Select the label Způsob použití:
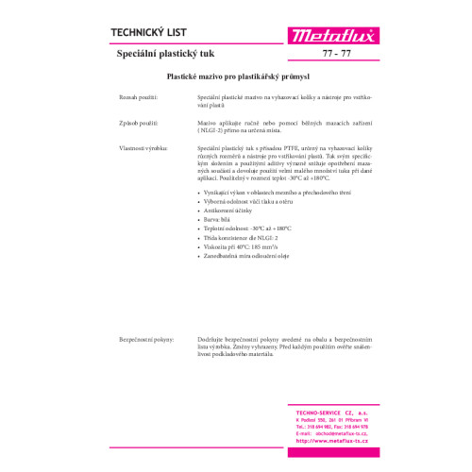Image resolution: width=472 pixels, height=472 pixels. click(x=138, y=123)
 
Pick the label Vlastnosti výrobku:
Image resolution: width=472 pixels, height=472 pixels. click(x=143, y=148)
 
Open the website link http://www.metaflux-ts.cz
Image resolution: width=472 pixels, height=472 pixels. click(x=326, y=440)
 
